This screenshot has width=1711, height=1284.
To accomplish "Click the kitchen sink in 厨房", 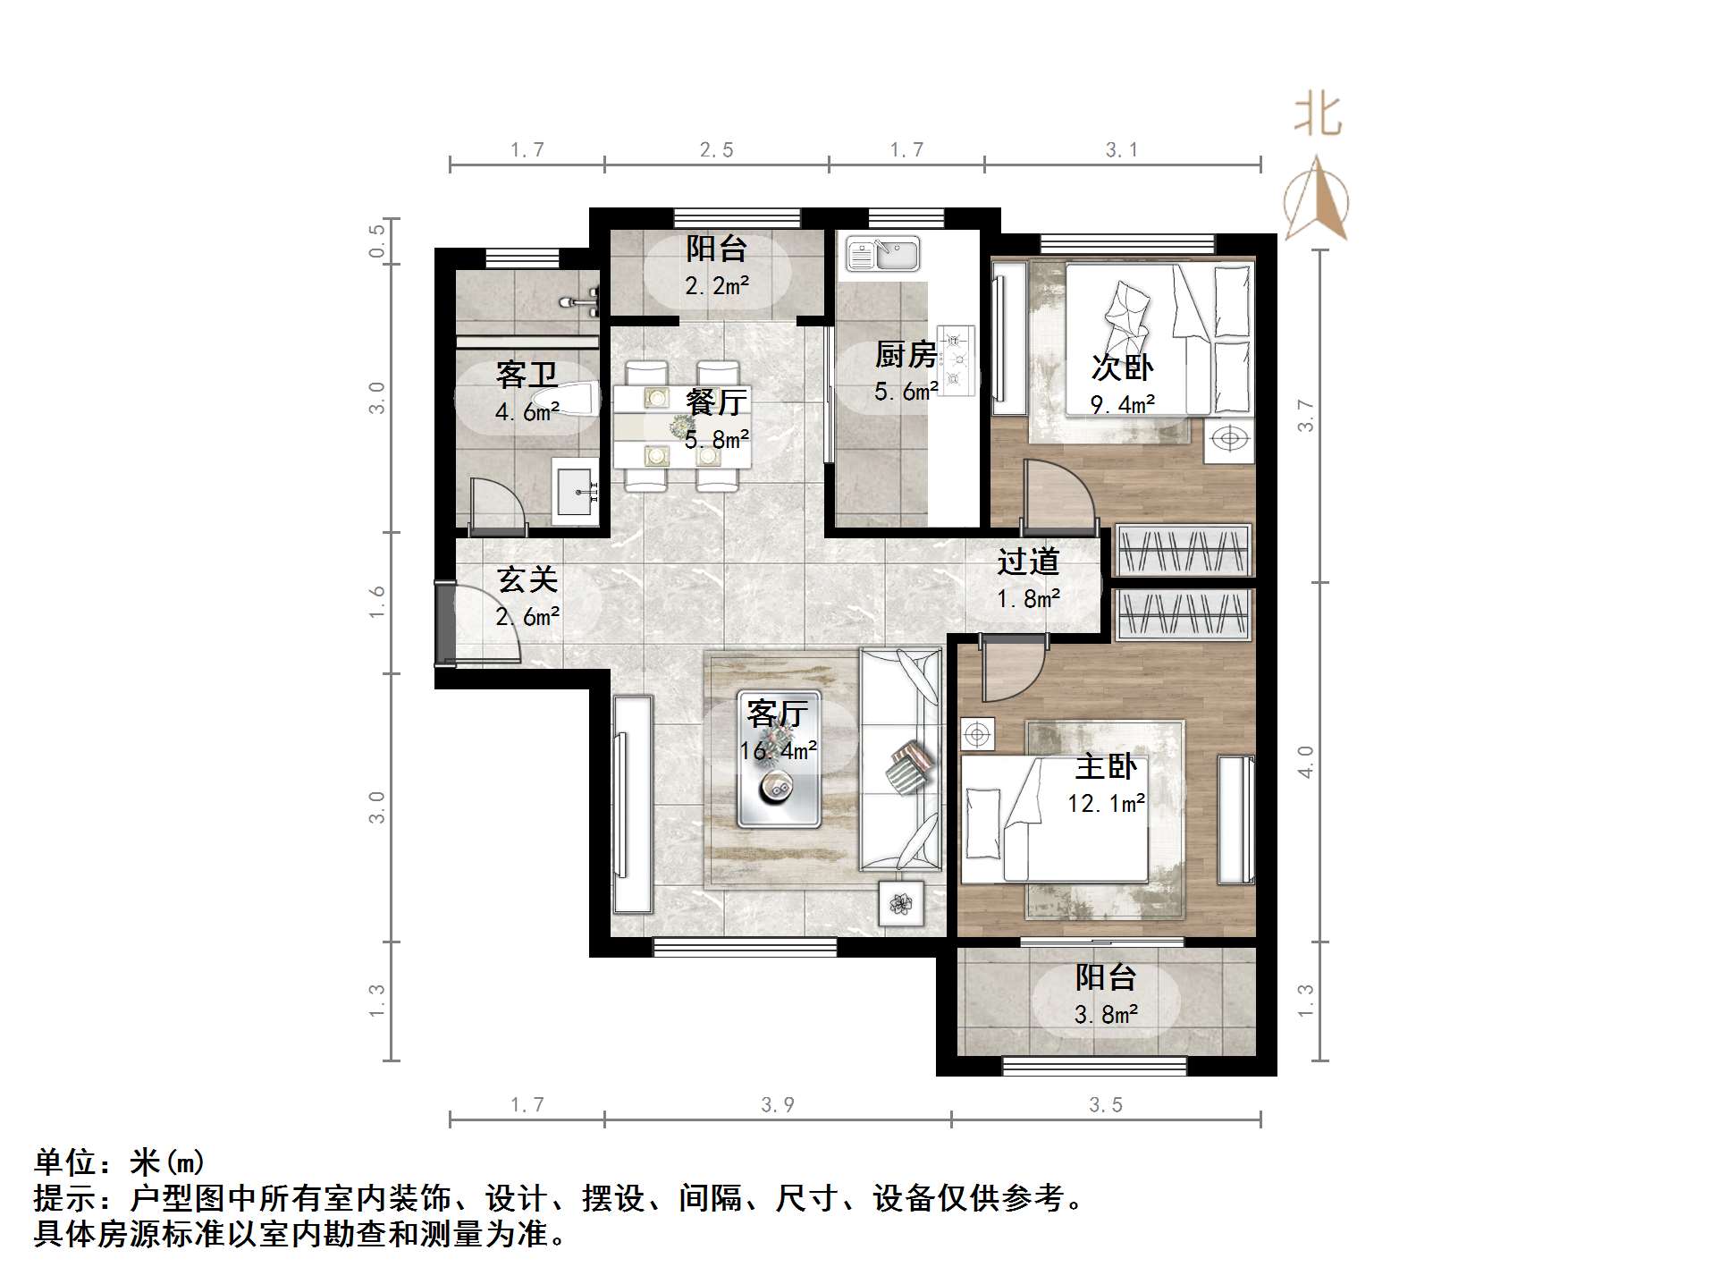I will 882,254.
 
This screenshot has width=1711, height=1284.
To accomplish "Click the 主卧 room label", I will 1107,766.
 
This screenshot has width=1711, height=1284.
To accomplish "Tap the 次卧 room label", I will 1123,367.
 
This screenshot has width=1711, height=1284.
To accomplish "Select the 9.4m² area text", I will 1123,404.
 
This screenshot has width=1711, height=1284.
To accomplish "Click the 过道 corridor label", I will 1029,562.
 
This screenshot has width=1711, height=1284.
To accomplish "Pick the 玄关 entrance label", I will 527,579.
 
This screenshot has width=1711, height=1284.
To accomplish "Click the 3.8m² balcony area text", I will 1107,1015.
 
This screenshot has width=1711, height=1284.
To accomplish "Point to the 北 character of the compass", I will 1318,116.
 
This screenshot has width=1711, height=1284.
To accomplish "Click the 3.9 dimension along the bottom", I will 778,1105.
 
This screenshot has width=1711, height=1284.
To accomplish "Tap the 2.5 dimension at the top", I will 716,150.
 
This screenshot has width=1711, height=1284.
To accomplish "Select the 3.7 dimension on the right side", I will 1306,416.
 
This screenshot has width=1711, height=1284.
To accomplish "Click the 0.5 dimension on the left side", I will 377,241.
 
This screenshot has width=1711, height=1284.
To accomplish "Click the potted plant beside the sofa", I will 900,904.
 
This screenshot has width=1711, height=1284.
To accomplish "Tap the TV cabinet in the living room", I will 632,805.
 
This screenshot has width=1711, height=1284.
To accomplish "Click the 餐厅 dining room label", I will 716,402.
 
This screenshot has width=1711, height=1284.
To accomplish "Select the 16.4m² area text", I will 779,751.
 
